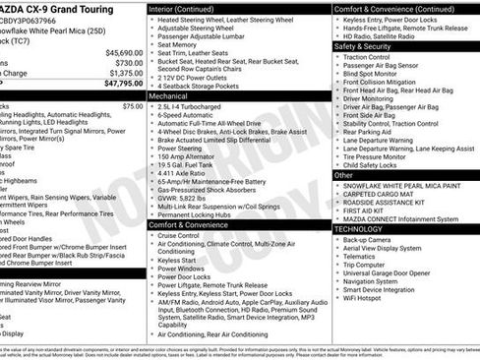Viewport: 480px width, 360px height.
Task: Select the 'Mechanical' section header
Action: tap(169, 97)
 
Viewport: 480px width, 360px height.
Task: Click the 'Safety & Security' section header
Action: tap(363, 46)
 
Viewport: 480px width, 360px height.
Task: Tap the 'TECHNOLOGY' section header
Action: tap(358, 228)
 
